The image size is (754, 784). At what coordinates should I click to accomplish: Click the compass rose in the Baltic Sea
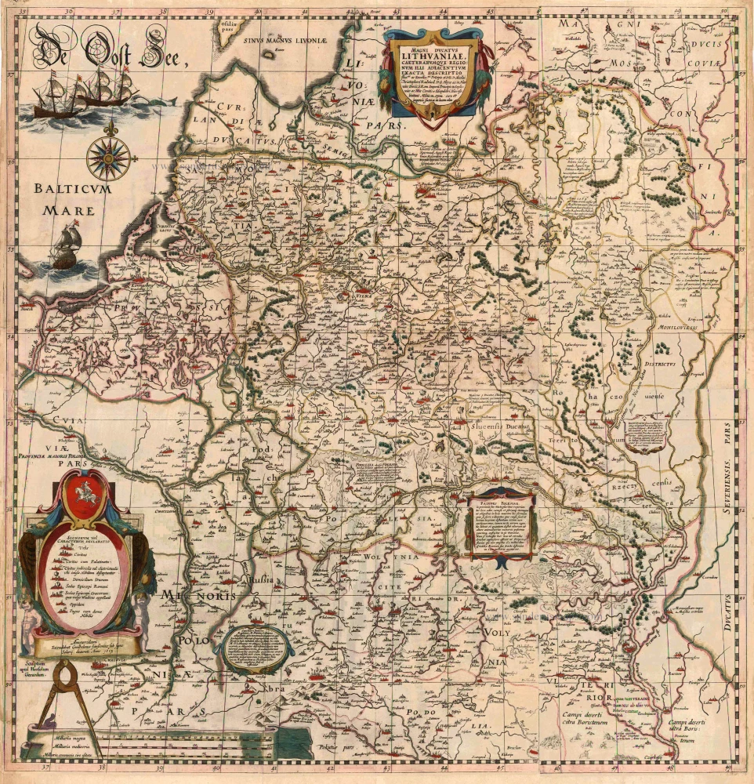[x=107, y=155]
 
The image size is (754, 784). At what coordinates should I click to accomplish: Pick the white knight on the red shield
[x=84, y=499]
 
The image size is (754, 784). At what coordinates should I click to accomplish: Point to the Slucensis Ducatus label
[x=502, y=426]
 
